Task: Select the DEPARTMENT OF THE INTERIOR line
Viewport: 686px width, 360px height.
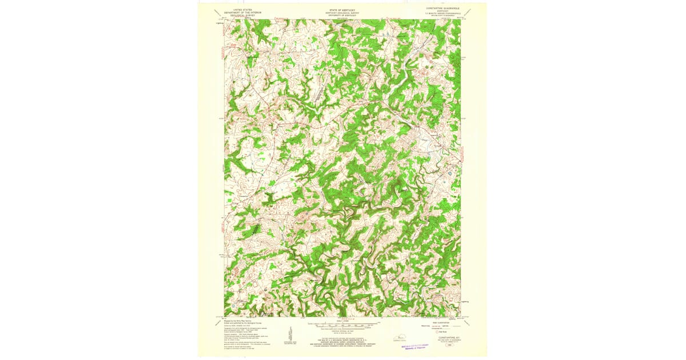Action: coord(238,11)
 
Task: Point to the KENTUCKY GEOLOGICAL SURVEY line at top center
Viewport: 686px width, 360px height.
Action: coord(342,11)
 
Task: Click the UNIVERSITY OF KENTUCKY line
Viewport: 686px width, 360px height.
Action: coord(342,14)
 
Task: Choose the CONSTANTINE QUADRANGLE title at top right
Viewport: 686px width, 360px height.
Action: coord(444,9)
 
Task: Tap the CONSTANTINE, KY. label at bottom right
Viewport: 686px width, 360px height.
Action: coord(447,338)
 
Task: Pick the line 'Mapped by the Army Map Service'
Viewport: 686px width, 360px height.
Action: coord(239,321)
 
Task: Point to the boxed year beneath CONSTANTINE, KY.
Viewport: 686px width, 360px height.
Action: coord(447,343)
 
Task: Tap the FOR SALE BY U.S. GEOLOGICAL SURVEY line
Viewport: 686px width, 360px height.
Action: coord(342,339)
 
